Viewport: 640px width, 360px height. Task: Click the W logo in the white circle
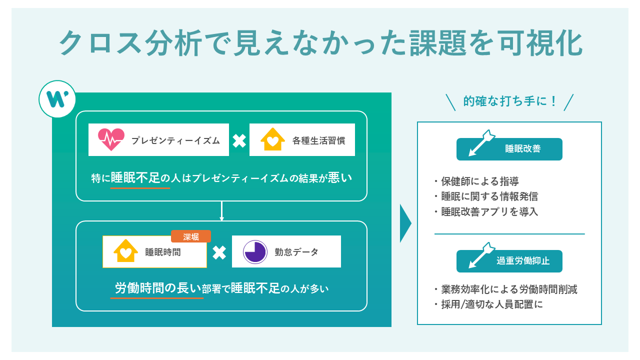(x=57, y=99)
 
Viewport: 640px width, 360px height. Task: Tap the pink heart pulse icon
(x=111, y=140)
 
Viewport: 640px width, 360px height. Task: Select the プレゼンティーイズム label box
(x=158, y=140)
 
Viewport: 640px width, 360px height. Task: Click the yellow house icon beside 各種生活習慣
(x=272, y=140)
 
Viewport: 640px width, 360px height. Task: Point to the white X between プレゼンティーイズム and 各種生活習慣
(x=239, y=140)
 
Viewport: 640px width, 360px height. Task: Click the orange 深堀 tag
(x=190, y=236)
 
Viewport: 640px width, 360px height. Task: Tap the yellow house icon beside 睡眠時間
(x=125, y=251)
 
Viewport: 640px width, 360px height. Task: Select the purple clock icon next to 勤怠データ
(x=255, y=252)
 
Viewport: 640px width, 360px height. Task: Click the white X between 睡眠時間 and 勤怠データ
(x=219, y=252)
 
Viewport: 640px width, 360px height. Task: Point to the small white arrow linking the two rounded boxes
(x=221, y=211)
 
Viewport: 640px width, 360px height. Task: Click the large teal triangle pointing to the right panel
(x=405, y=223)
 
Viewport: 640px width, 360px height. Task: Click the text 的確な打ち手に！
(x=509, y=101)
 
